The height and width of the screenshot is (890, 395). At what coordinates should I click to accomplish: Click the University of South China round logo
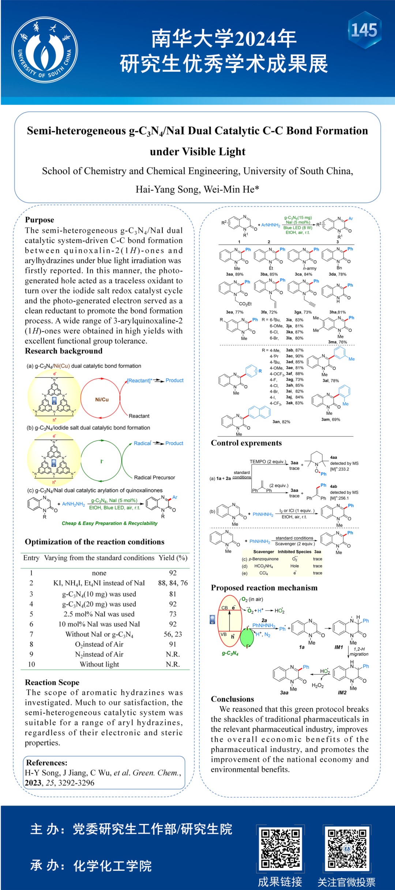point(45,49)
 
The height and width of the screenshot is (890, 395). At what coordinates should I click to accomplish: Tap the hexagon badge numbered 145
point(364,30)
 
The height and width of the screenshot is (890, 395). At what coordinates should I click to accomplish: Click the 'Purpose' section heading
point(39,220)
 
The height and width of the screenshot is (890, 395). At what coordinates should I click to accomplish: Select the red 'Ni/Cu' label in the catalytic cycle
point(102,400)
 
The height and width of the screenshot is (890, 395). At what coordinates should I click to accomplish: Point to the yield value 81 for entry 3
point(173,594)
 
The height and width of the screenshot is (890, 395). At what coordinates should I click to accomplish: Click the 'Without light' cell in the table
point(99,664)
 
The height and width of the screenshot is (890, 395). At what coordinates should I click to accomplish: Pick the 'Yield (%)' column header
point(173,558)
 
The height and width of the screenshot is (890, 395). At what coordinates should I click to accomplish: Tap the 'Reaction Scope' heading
point(52,682)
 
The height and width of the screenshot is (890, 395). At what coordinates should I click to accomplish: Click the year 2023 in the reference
point(33,783)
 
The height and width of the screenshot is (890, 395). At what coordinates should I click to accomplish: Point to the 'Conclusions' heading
point(232,699)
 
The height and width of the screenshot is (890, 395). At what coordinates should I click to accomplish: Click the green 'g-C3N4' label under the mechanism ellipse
point(230,653)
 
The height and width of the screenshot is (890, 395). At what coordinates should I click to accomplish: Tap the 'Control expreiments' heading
point(246,443)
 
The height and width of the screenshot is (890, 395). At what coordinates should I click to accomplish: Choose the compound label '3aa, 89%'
point(234,274)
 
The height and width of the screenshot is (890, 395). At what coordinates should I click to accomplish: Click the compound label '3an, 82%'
point(281,422)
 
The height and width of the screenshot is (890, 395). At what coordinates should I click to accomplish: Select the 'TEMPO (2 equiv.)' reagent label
point(268,461)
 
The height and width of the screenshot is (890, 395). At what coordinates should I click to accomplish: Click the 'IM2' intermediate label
point(342,693)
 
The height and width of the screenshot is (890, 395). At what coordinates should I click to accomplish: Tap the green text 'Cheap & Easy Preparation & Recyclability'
point(110,523)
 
